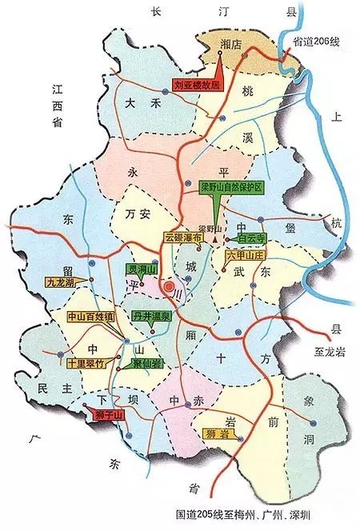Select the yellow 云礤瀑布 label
184,238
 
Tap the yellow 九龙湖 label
64,281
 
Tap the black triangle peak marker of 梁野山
214,239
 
